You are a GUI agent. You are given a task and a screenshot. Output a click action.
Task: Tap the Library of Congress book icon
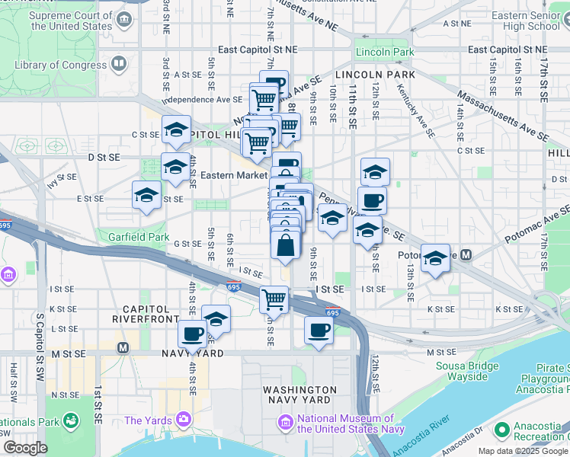(x=119, y=64)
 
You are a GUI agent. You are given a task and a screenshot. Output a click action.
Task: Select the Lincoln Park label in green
(x=384, y=52)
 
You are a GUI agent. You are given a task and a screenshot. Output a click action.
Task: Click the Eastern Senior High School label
(x=526, y=21)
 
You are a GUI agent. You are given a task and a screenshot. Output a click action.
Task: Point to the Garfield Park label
(x=138, y=237)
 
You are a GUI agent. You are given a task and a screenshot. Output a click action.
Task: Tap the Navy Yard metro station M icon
(x=123, y=348)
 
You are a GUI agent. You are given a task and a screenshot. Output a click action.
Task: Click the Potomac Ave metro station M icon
(x=465, y=255)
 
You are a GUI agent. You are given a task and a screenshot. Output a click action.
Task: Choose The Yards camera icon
(x=183, y=419)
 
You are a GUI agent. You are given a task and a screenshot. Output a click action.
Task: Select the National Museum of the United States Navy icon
(x=285, y=421)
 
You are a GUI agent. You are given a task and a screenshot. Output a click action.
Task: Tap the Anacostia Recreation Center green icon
(x=501, y=431)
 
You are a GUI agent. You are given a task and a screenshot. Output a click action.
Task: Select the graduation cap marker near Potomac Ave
(x=435, y=260)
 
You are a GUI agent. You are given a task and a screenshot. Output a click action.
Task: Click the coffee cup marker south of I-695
(x=319, y=331)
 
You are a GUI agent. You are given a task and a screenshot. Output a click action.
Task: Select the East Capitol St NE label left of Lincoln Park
(x=259, y=50)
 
